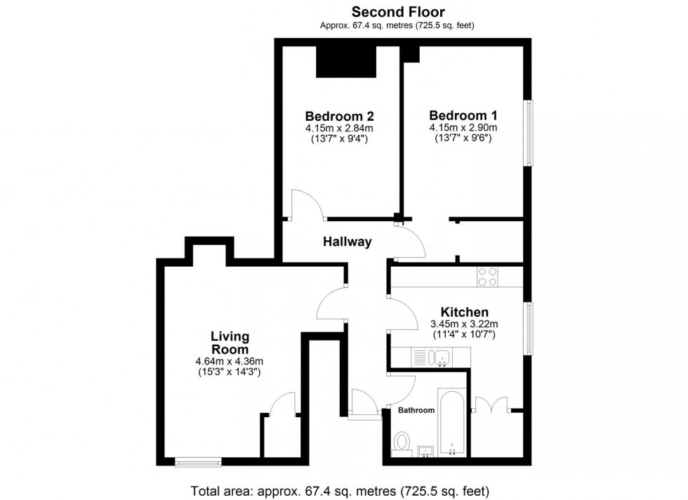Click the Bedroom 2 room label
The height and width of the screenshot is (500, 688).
coord(339,116)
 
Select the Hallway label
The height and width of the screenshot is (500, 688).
coord(347,242)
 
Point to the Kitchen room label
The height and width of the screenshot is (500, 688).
coord(464,312)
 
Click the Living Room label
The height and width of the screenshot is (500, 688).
coord(230,343)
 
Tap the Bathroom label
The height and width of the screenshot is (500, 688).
coord(417,409)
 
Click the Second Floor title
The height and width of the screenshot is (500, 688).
coord(397,11)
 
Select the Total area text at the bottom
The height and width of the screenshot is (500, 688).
coord(340,490)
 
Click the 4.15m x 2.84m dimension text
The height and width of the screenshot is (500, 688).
coord(338,129)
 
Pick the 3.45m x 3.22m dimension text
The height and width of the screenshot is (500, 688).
coord(463,324)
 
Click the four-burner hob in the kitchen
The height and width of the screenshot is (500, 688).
coord(487,277)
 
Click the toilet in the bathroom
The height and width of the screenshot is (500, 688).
coord(402,441)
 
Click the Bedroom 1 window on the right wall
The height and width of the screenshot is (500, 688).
coord(530,133)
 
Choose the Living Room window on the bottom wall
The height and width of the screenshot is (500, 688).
coord(198,461)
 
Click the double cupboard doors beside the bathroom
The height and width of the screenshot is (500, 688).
coord(491,406)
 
